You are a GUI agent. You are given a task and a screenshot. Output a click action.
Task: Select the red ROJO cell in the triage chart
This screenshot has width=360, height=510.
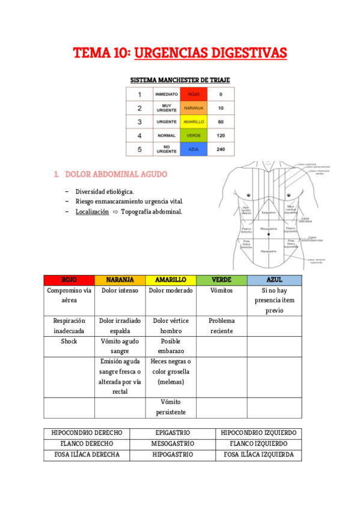pos(194,94)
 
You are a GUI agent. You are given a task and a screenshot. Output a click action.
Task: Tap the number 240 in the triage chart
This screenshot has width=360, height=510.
pos(221,149)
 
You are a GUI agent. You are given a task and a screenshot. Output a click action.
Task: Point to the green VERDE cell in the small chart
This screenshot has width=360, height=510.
pos(194,135)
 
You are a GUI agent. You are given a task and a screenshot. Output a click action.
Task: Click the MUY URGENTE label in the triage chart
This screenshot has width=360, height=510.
pos(166,108)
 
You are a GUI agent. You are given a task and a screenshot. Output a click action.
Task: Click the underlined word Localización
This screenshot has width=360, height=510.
pos(92,212)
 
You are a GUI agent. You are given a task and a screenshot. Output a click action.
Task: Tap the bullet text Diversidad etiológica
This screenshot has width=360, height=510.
pos(105,191)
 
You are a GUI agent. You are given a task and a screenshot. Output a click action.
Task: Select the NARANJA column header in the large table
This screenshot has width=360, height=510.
pos(120,280)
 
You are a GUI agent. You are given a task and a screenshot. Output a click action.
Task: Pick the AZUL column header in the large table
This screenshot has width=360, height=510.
pos(274,280)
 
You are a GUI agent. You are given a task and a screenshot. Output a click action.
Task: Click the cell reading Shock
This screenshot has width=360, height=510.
pos(69,341)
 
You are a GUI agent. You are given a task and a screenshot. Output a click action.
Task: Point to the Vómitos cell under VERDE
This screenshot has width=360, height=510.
pos(221,290)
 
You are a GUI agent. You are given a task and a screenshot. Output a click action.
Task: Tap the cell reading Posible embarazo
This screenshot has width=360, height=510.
pos(171,346)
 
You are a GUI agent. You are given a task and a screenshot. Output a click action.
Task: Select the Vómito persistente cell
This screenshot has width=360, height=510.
pos(171,407)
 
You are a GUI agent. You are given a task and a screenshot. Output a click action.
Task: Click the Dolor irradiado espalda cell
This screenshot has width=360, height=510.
pos(120,325)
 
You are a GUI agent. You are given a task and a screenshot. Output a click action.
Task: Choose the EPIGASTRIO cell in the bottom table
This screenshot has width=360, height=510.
pos(172,433)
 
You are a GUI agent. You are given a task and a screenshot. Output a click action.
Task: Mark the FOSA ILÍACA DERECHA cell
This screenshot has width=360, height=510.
pos(86,455)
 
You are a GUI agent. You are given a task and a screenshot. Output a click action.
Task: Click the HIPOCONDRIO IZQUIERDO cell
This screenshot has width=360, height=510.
pos(258,433)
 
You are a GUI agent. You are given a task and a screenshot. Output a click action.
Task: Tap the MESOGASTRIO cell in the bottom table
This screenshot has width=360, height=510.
pos(172,444)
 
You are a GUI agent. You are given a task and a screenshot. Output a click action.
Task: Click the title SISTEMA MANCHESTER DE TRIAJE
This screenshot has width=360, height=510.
pos(180,80)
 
